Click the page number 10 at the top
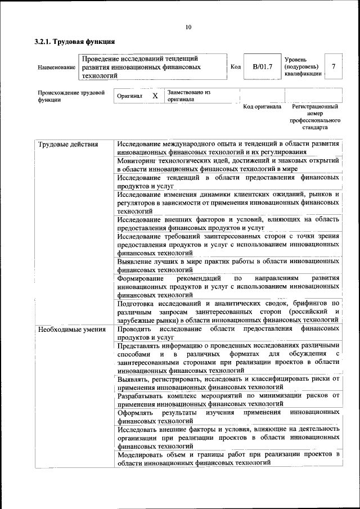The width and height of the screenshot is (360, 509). (x=188, y=27)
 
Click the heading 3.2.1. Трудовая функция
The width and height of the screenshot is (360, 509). (x=75, y=42)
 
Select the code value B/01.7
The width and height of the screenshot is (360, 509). (x=262, y=67)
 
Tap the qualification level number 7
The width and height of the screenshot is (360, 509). (x=334, y=67)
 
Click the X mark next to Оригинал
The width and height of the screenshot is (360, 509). (x=155, y=96)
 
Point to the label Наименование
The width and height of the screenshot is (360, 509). (x=56, y=67)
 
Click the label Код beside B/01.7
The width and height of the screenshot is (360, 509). (x=236, y=67)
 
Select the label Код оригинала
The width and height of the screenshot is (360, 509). (x=262, y=107)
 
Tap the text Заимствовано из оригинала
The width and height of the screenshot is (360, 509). (x=188, y=96)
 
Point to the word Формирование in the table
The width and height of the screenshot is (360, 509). (x=141, y=279)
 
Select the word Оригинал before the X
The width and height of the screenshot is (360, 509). (x=129, y=96)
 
